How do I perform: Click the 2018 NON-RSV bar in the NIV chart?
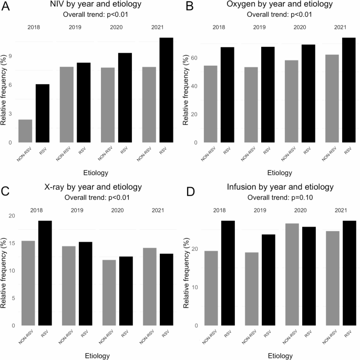(x=25, y=131)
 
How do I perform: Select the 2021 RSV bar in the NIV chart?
(x=166, y=90)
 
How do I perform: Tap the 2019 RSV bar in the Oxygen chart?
(x=268, y=95)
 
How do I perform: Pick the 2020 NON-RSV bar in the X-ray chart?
(x=109, y=293)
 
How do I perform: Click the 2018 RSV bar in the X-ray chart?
(x=45, y=273)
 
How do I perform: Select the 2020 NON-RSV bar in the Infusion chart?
(x=292, y=274)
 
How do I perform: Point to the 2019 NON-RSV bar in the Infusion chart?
(x=252, y=289)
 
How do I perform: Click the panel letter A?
(x=5, y=6)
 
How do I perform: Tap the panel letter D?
(x=191, y=192)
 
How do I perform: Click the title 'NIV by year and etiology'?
(x=96, y=4)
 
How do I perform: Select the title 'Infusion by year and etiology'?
(x=280, y=187)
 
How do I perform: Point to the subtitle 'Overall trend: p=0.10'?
(x=280, y=198)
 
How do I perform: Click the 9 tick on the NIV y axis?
(x=10, y=56)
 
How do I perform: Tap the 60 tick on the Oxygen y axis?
(x=194, y=58)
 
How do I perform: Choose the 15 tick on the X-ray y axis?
(x=12, y=243)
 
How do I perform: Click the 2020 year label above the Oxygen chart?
(x=300, y=27)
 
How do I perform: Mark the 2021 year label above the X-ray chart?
(x=158, y=210)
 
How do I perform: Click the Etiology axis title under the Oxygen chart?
(x=280, y=173)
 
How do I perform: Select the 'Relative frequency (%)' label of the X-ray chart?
(x=3, y=273)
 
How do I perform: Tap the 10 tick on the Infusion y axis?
(x=194, y=287)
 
